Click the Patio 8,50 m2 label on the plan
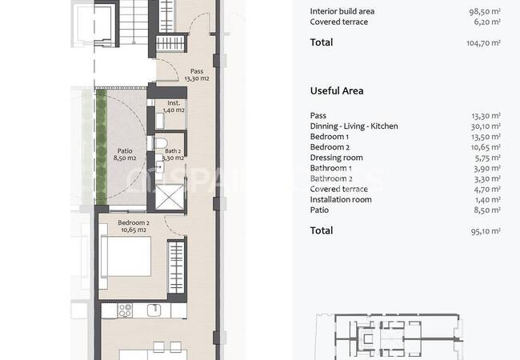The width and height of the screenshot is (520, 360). tap(125, 154)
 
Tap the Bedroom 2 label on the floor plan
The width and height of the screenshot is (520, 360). tap(134, 226)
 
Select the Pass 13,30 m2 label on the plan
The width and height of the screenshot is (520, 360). tap(197, 74)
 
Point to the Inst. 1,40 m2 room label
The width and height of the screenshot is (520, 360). tap(174, 106)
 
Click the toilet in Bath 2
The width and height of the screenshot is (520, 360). tap(161, 144)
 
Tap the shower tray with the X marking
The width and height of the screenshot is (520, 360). tap(169, 198)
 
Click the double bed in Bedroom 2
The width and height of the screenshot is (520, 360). tap(126, 256)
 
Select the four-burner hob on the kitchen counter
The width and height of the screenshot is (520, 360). tap(126, 310)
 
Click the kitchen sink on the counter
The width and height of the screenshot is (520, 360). tap(154, 310)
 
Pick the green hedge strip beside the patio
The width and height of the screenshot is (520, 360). tap(101, 147)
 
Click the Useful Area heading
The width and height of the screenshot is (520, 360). tap(337, 91)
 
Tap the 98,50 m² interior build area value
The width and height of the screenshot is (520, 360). tap(485, 11)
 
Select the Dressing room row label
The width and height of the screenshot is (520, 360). tap(336, 158)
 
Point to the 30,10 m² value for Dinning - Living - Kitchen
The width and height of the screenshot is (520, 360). tap(486, 126)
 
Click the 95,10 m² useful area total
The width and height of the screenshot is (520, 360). tap(486, 230)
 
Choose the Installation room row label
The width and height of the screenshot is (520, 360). tap(341, 199)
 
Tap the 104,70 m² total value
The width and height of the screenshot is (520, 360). tap(483, 42)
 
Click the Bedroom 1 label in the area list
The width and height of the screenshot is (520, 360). tap(330, 137)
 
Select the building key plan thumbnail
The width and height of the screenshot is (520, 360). tap(389, 336)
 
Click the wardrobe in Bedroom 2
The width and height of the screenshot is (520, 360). tap(176, 267)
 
